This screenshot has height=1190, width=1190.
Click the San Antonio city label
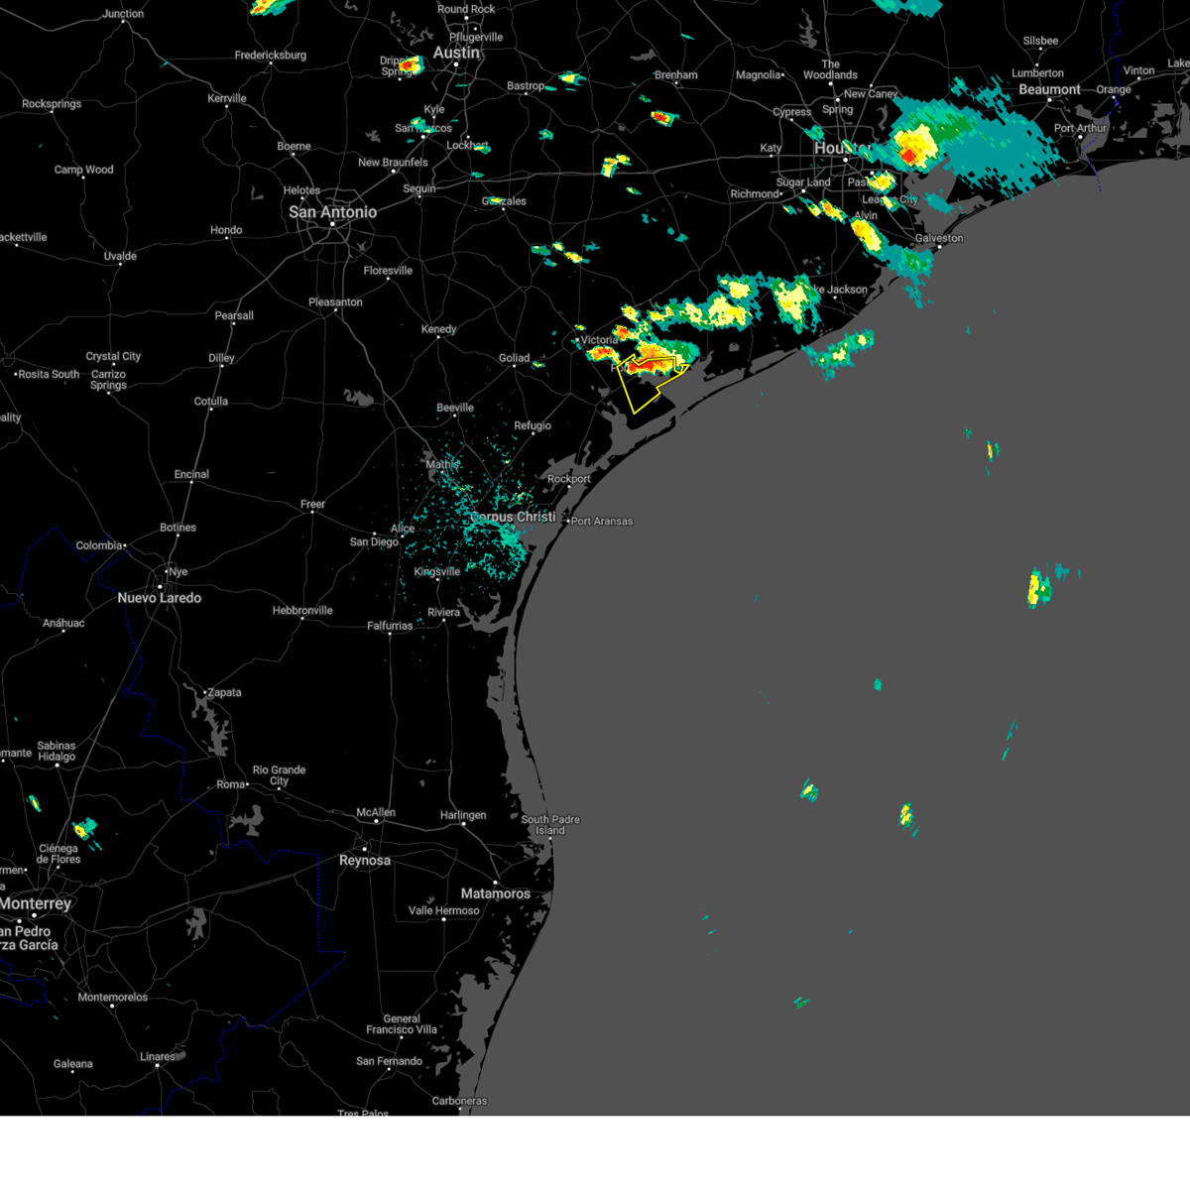pyautogui.click(x=332, y=212)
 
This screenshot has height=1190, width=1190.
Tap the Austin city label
pyautogui.click(x=456, y=53)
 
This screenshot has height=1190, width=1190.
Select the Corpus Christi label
pyautogui.click(x=513, y=517)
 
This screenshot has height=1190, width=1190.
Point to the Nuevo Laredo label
pyautogui.click(x=159, y=598)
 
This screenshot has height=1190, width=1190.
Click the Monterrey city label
pyautogui.click(x=36, y=903)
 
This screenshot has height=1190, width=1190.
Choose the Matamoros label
pyautogui.click(x=495, y=893)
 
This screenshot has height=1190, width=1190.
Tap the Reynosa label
pyautogui.click(x=365, y=861)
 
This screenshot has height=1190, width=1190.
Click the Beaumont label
pyautogui.click(x=1049, y=89)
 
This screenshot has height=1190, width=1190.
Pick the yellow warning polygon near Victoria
pyautogui.click(x=642, y=392)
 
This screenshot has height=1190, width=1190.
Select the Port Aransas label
pyautogui.click(x=602, y=521)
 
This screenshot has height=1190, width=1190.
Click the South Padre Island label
pyautogui.click(x=550, y=825)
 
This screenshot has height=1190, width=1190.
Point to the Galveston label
pyautogui.click(x=939, y=238)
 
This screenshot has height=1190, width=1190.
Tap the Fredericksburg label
pyautogui.click(x=270, y=56)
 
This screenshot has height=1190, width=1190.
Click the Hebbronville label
pyautogui.click(x=302, y=611)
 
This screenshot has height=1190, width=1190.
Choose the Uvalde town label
pyautogui.click(x=120, y=256)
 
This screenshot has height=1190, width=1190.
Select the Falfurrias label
pyautogui.click(x=390, y=626)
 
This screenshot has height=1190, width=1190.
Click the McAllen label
pyautogui.click(x=376, y=812)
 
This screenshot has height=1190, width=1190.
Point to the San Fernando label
pyautogui.click(x=389, y=1061)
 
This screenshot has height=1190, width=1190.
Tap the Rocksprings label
pyautogui.click(x=52, y=104)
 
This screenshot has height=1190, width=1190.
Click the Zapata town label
pyautogui.click(x=224, y=692)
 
